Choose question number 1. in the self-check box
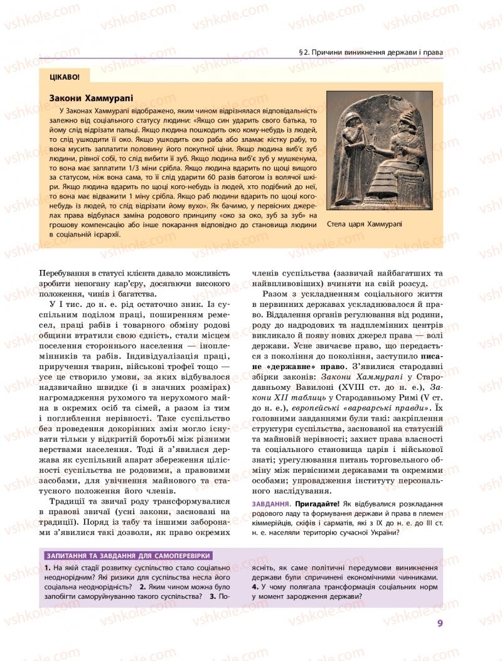[48, 567]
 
